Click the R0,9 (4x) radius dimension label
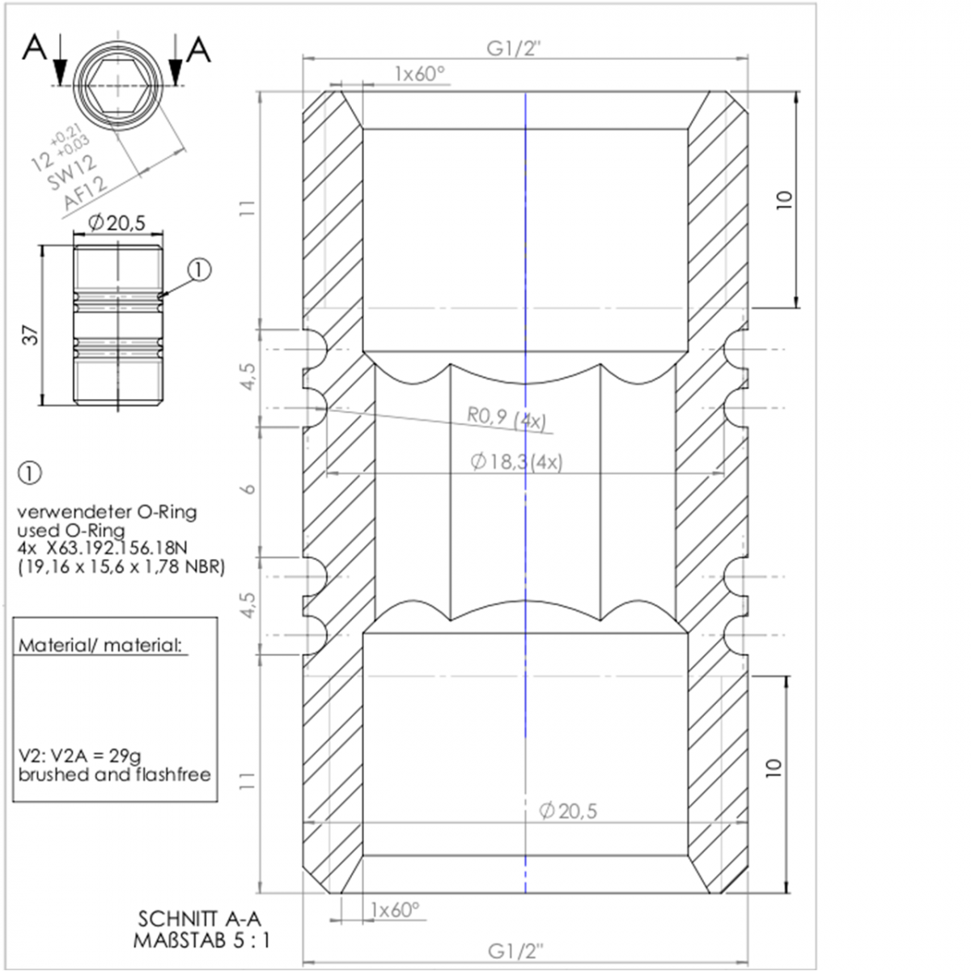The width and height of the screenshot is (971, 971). pos(506,419)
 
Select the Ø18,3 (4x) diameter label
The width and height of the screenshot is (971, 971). pos(516,461)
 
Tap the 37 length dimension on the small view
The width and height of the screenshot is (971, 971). pos(31,335)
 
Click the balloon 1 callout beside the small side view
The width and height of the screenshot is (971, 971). pos(200,270)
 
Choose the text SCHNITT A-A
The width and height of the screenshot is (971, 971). pos(200,918)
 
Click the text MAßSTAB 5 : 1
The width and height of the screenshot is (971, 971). pos(201,940)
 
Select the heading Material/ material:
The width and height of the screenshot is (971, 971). pos(100,645)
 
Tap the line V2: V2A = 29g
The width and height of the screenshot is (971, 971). pos(79,756)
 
